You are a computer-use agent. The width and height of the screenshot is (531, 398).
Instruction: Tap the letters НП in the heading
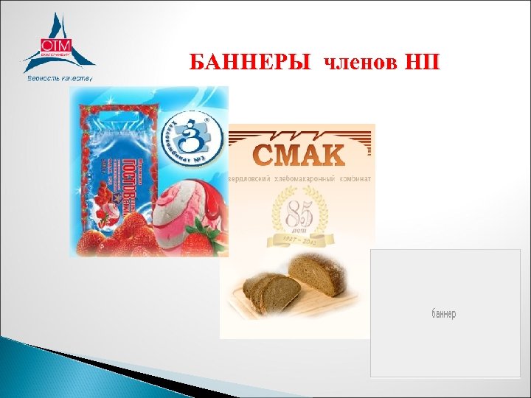pos(421,62)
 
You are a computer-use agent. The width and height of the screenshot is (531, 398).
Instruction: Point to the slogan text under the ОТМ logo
pos(59,77)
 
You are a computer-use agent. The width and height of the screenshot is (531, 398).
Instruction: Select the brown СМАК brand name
pos(298,156)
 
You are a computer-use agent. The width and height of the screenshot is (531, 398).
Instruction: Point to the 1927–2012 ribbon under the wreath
pos(298,241)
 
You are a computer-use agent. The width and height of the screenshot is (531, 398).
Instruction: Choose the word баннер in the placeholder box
pos(443,314)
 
